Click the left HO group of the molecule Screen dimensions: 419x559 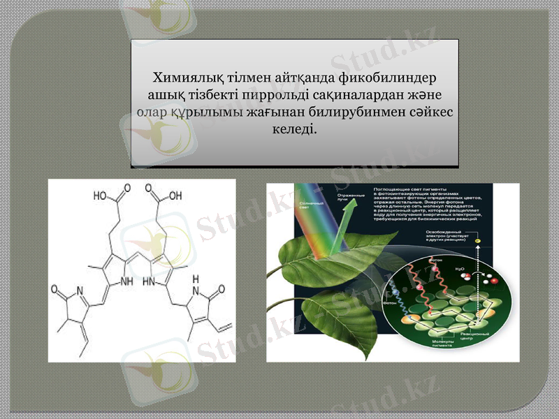point(102,196)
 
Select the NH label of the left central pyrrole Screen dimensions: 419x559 point(126,282)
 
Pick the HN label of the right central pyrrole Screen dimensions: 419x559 point(149,282)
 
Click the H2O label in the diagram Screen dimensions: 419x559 point(459,267)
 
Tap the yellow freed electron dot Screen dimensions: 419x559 point(478,240)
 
